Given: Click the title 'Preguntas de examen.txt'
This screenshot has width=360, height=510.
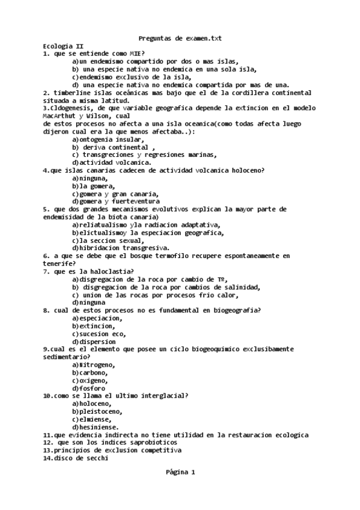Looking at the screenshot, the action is tap(180, 38).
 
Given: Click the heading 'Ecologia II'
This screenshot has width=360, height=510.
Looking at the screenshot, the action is tap(63, 46).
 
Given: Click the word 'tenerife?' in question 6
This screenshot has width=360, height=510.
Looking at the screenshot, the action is tap(59, 263).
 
